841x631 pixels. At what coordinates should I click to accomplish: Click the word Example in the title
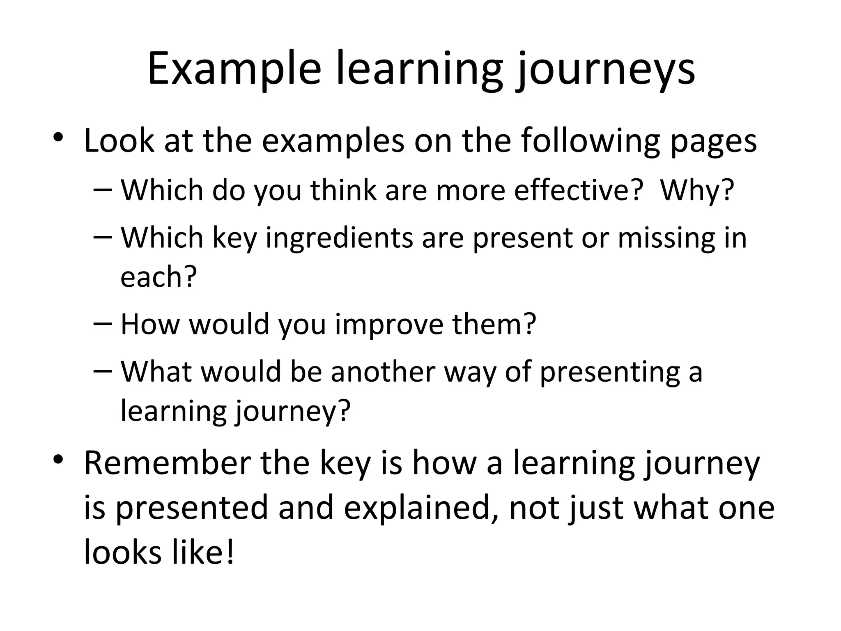[x=234, y=69]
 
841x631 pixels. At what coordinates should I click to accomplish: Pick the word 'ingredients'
[x=339, y=238]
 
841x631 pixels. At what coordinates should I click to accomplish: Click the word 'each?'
[x=159, y=277]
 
